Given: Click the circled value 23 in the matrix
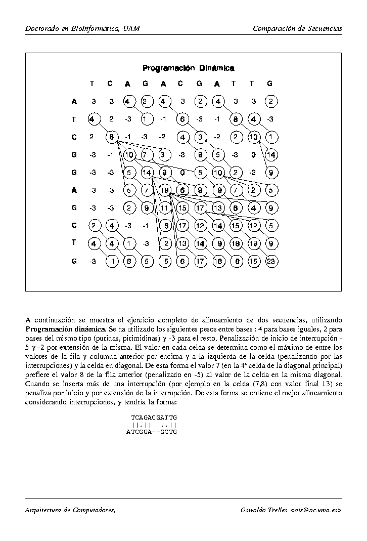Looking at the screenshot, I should click(x=270, y=261).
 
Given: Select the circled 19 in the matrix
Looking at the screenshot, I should click(x=253, y=243).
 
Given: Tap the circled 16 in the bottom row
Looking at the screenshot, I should click(x=218, y=261).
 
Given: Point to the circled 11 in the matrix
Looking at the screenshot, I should click(x=164, y=207).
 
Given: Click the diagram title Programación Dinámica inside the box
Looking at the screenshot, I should click(x=188, y=68).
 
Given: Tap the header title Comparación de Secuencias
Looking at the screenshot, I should click(x=297, y=28).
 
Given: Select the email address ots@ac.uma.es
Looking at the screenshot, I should click(x=316, y=510).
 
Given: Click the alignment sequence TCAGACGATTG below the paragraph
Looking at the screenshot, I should click(x=154, y=418).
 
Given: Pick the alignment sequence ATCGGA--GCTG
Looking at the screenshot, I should click(x=152, y=432).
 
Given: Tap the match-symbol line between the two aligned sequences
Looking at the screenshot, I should click(x=154, y=425).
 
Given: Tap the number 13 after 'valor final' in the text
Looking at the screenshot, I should click(x=287, y=383).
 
